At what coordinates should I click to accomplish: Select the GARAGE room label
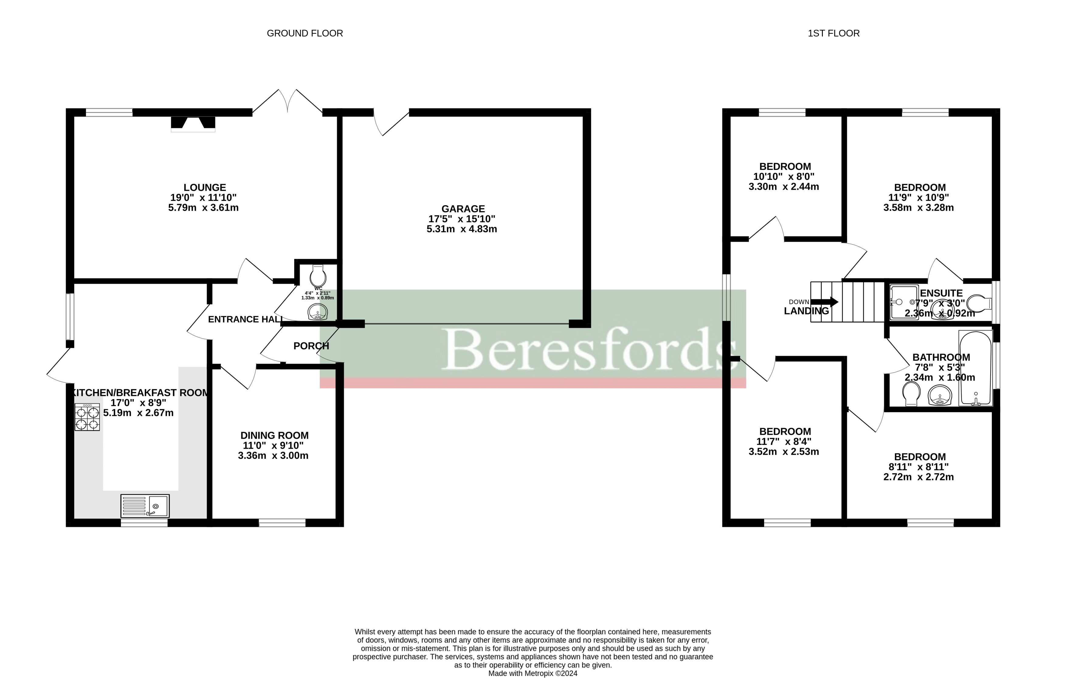click(463, 209)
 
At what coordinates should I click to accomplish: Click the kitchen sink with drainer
click(145, 506)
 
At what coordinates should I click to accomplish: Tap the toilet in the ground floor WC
click(318, 275)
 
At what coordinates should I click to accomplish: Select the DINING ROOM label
click(274, 436)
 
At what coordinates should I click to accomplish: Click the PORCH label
click(311, 346)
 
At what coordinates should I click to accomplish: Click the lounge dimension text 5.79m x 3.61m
click(203, 208)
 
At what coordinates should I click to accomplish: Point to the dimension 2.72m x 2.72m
click(918, 477)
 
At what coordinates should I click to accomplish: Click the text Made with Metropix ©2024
click(533, 673)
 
